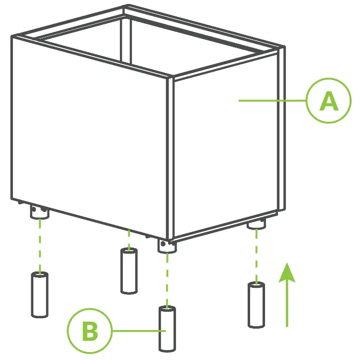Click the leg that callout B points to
167,329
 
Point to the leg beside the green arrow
257,305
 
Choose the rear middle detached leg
129,270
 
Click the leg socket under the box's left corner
39,213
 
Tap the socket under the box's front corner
167,246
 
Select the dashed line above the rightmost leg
256,256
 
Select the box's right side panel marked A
224,149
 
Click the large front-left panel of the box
90,139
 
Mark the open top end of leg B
167,310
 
